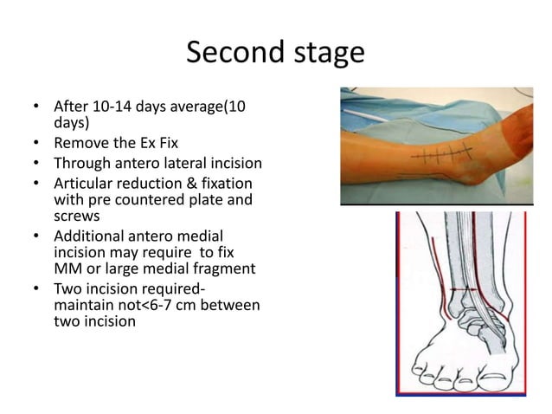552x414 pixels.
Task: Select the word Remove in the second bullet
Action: click(81, 142)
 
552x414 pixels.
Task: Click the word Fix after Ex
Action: click(166, 142)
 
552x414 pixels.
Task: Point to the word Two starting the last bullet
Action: click(67, 289)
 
